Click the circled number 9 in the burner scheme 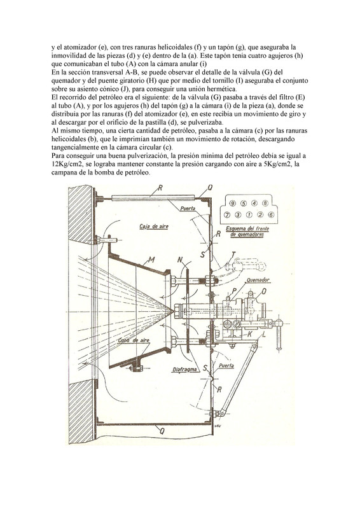tap(232, 203)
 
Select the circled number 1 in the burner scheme tap(249, 214)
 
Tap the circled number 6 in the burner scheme tap(272, 214)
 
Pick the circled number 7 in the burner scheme tap(227, 214)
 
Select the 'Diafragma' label tap(184, 370)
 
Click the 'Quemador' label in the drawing tap(258, 279)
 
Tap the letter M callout tap(151, 260)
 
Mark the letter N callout tap(180, 260)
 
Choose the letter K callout tap(250, 334)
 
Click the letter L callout tap(263, 333)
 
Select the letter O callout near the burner tap(264, 291)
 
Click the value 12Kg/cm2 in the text tap(66, 164)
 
